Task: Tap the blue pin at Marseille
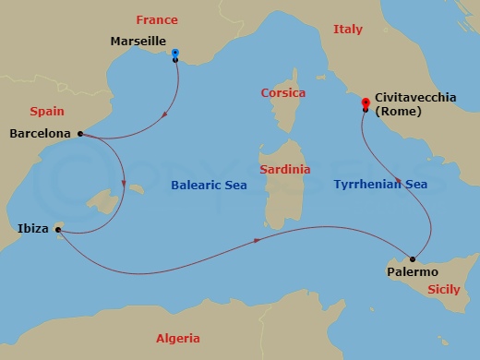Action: [x=175, y=54]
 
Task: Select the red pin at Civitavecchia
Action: [x=366, y=102]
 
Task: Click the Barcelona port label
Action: [x=40, y=134]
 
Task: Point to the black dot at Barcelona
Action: [x=81, y=134]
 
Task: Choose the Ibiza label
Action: [x=33, y=227]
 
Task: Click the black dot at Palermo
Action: [x=412, y=258]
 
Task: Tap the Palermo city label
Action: [x=413, y=272]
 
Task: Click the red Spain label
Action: [x=46, y=111]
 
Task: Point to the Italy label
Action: [x=347, y=30]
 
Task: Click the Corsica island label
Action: [x=282, y=93]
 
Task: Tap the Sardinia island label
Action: [x=283, y=170]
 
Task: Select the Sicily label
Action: [x=443, y=289]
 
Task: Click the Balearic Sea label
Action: [x=211, y=185]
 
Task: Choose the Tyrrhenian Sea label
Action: [x=380, y=185]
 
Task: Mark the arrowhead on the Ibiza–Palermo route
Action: [x=256, y=241]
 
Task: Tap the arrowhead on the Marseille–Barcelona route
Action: [x=164, y=115]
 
